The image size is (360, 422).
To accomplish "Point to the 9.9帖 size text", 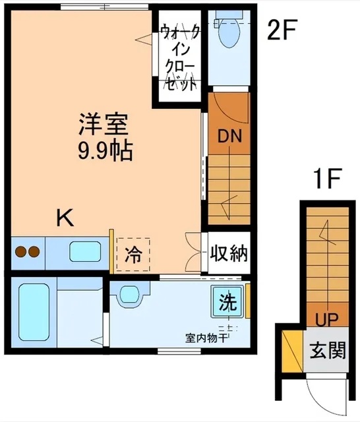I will (104, 152).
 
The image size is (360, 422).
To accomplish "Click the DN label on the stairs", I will (230, 137).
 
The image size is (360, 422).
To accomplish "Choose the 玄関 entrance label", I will (327, 349).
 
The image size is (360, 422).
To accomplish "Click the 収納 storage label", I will (229, 254).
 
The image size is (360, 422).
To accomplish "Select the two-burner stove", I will (27, 252).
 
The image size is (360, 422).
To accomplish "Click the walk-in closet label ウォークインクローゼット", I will (178, 56).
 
